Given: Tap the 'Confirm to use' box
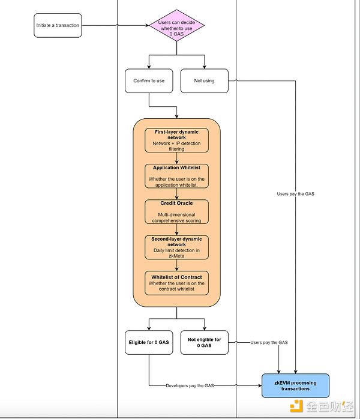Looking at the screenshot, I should click(x=149, y=81).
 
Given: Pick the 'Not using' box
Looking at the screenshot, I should click(x=205, y=81).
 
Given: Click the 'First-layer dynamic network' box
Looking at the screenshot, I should click(x=177, y=139).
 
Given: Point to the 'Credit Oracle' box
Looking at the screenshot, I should click(x=177, y=212).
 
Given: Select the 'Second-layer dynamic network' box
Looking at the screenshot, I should click(x=177, y=247).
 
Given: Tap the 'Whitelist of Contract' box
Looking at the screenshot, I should click(x=177, y=283).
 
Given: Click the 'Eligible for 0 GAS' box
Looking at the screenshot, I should click(x=149, y=342).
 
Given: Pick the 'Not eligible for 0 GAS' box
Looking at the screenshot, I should click(x=205, y=342).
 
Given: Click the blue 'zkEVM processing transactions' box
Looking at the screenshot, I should click(x=296, y=385).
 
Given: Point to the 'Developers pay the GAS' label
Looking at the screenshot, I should click(x=190, y=385).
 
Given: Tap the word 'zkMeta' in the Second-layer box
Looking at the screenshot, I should click(x=177, y=255).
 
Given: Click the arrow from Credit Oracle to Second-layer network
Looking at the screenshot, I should click(x=177, y=230).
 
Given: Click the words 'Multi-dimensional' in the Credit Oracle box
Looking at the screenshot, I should click(x=177, y=214).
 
